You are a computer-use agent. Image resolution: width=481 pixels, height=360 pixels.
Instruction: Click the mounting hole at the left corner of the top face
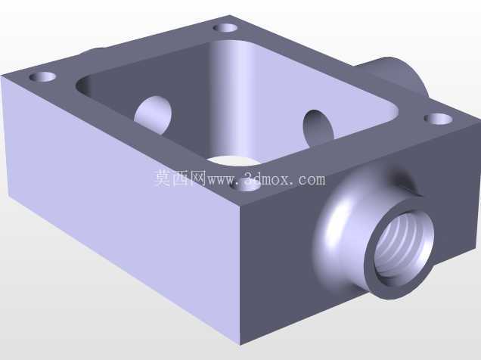(42, 76)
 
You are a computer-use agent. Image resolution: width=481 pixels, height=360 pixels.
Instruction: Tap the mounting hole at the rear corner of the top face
(225, 28)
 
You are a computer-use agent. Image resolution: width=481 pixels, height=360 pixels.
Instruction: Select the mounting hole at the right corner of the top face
(439, 119)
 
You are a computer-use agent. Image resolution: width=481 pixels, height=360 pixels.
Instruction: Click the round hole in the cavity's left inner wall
(154, 115)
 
